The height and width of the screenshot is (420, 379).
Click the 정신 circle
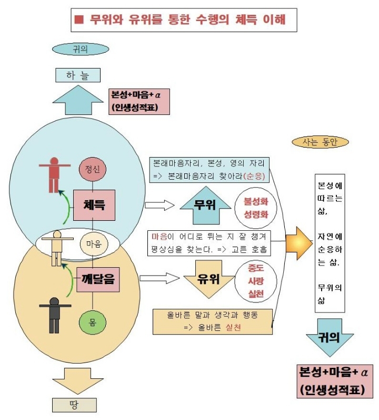pos(93,169)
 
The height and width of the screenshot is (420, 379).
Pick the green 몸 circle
pos(93,321)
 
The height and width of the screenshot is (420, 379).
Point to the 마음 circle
pos(93,243)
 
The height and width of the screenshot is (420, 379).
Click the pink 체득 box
pos(94,204)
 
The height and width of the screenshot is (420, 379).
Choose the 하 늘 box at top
pos(78,75)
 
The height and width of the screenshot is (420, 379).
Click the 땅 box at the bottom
pos(75,404)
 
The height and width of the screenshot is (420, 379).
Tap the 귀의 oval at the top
pos(80,50)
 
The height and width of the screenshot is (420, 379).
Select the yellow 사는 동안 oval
pos(320,142)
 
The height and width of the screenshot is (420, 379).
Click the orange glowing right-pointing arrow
pos(298,243)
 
